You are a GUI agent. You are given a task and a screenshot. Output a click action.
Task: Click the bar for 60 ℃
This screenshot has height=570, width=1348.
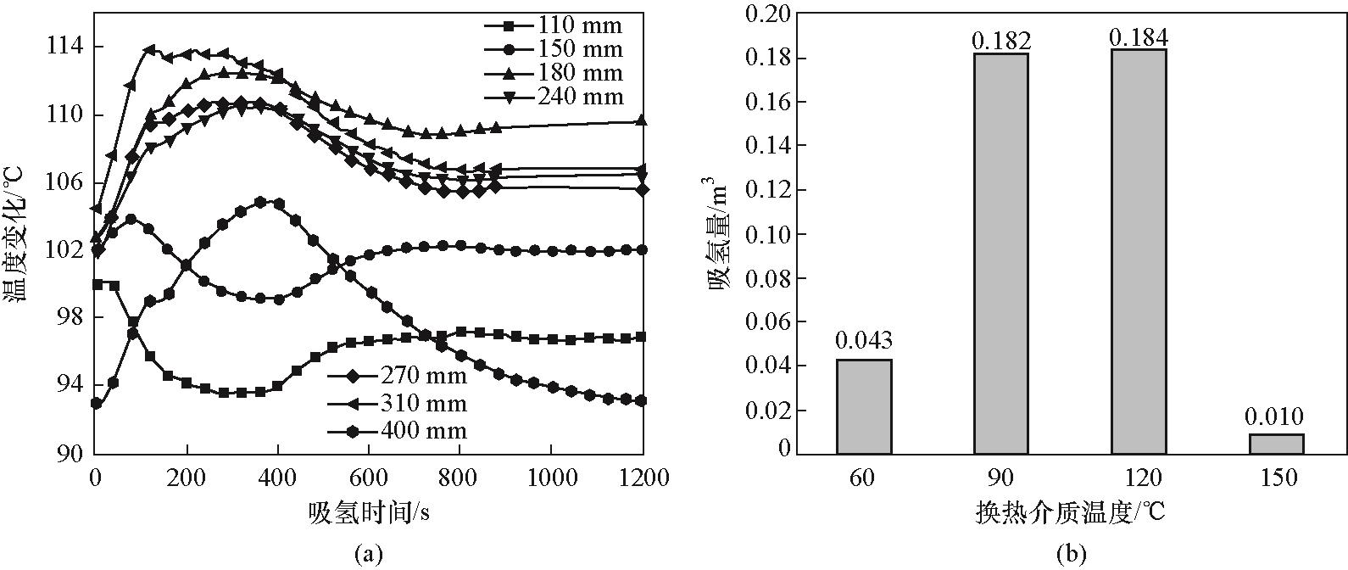point(864,406)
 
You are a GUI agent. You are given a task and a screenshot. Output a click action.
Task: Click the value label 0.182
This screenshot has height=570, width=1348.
point(1001,40)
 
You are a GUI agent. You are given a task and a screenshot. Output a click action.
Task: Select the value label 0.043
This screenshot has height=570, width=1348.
point(864,341)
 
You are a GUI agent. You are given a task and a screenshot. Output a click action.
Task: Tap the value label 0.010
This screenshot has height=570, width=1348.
point(1274,416)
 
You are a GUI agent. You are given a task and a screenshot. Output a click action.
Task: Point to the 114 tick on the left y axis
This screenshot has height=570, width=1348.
point(64,47)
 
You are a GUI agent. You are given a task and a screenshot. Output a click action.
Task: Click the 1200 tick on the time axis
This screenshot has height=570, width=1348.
point(641,478)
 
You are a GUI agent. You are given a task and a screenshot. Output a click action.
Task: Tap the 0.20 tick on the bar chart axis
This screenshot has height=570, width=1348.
point(766,14)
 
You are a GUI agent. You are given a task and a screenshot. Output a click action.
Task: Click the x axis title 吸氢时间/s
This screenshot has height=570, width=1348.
point(367,512)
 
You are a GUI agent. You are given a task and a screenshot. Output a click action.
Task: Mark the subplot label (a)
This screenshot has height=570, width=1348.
point(367,555)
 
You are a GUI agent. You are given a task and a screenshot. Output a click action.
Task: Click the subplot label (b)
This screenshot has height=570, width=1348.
point(1071,555)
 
